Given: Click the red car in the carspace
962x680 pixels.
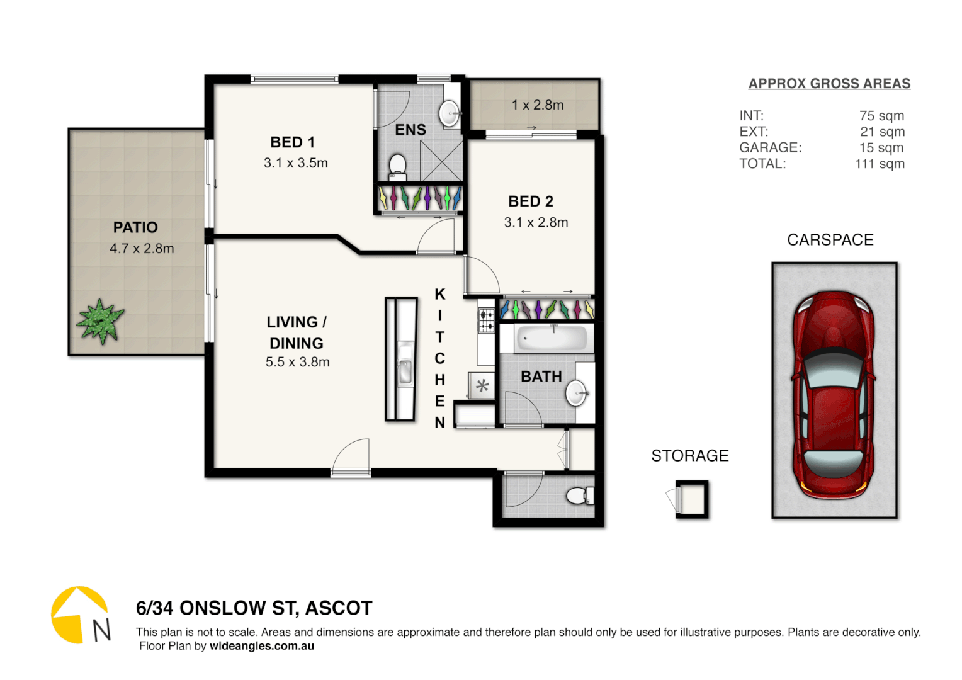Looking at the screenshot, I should click(834, 394).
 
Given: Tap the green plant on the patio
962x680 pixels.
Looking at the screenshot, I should click(100, 320).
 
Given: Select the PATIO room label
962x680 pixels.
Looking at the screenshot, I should click(135, 227).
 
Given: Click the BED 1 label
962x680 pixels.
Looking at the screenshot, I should click(292, 142).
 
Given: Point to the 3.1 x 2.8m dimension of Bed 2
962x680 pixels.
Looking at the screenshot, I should click(536, 222).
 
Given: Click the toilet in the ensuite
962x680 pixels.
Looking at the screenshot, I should click(397, 167).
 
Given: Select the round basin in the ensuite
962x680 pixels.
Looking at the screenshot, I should click(450, 114).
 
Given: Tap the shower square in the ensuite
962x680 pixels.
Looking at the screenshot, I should click(441, 161).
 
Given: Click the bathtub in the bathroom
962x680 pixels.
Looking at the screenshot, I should click(552, 339).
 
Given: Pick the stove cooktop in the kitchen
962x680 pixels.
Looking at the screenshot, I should click(486, 320).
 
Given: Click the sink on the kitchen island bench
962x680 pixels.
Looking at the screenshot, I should click(405, 364).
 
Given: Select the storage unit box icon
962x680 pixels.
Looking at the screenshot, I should click(692, 499).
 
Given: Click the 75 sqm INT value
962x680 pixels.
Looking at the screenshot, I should click(881, 116).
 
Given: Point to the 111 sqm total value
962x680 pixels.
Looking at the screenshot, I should click(880, 164).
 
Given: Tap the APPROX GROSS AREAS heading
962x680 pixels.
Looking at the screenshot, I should click(829, 84).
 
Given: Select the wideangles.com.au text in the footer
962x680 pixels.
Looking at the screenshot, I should click(261, 646).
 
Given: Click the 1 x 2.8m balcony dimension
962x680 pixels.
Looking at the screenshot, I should click(537, 105).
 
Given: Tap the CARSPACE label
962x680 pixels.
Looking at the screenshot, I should click(830, 240).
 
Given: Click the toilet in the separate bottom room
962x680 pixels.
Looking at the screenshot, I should click(579, 496).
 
